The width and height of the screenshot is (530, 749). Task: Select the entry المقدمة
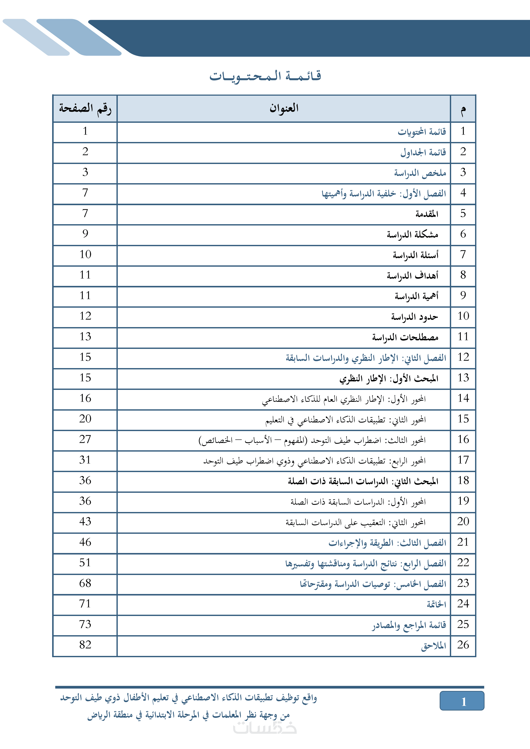coord(427,214)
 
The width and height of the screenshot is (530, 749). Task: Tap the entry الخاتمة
coord(436,604)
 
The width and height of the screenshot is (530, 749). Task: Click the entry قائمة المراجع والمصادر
coord(409,625)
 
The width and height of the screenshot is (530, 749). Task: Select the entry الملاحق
coord(433,646)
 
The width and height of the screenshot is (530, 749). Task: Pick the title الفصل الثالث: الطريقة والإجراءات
coord(387,543)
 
